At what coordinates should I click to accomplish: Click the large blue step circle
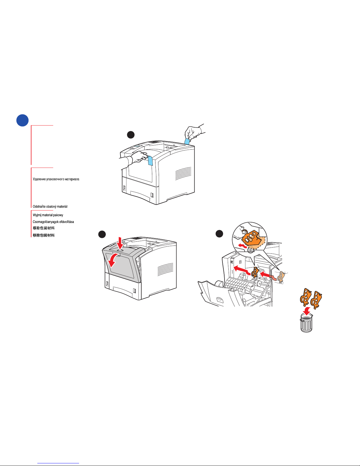22,120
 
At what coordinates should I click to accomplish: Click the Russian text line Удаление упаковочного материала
56,179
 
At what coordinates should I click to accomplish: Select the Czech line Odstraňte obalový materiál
50,206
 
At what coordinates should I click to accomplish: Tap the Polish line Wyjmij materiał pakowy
48,215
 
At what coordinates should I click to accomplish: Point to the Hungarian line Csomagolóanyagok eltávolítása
53,222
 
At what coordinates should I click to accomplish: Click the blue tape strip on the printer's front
150,161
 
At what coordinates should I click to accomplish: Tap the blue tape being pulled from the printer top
187,141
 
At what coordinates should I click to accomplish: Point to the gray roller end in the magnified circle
250,250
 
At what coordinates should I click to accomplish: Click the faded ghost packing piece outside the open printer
281,277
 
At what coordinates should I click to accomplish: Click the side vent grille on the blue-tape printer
183,173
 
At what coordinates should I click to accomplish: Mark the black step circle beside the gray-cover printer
102,234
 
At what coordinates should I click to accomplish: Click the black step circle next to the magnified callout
219,234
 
